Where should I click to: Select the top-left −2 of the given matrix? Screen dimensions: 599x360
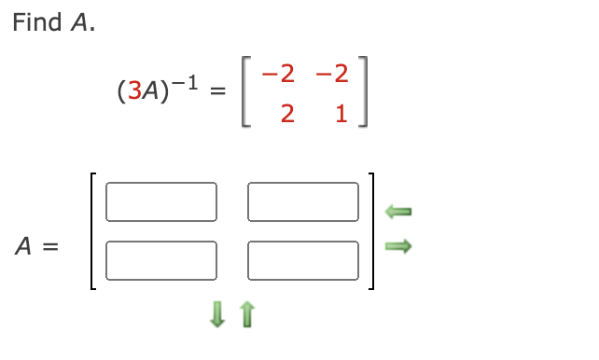coord(282,72)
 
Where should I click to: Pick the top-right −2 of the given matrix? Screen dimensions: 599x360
coord(331,72)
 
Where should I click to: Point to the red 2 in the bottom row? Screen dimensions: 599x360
coord(286,115)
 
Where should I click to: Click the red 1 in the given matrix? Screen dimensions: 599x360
coord(341,115)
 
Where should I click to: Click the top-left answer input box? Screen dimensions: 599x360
coord(161,201)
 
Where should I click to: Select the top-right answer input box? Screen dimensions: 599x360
coord(303,201)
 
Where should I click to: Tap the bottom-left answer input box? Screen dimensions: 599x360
coord(161,260)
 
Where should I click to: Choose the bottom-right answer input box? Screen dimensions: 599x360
coord(303,260)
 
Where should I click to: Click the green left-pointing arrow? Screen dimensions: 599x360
coord(398,213)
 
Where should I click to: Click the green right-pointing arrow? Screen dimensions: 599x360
coord(398,246)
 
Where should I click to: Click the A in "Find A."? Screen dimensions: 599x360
coord(79,23)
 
